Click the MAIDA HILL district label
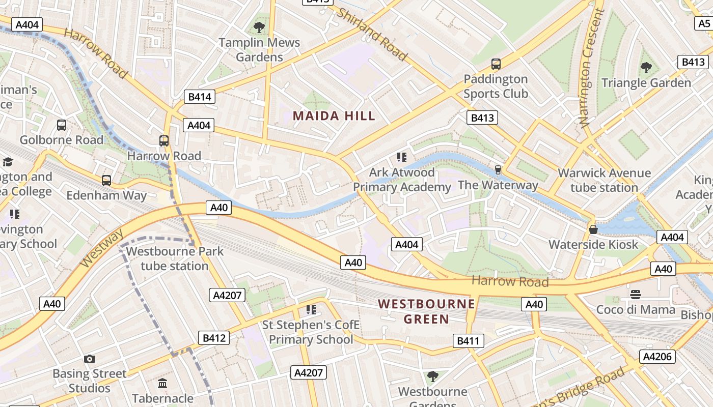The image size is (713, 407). point(334,116)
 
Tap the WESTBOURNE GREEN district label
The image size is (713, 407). point(427,311)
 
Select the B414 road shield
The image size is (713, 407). point(200,97)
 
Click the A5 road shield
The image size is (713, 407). point(704,23)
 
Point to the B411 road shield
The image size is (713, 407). point(468,341)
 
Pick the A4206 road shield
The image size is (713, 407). point(657,356)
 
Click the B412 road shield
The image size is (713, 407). point(213,338)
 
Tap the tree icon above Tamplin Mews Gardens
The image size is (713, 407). point(259,27)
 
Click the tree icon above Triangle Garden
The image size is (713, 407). point(646,67)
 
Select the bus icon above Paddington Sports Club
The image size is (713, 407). point(496,64)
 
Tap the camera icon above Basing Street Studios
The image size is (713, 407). point(90,359)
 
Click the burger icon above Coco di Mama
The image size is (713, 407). point(635,294)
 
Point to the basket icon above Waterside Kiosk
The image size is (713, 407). point(593,229)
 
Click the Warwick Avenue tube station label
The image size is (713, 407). point(604,180)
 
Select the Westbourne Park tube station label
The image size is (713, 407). point(175,258)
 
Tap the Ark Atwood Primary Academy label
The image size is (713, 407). point(402,180)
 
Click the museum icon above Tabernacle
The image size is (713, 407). point(162,383)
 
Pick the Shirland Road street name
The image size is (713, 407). point(372,35)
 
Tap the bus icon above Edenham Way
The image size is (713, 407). point(106,180)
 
